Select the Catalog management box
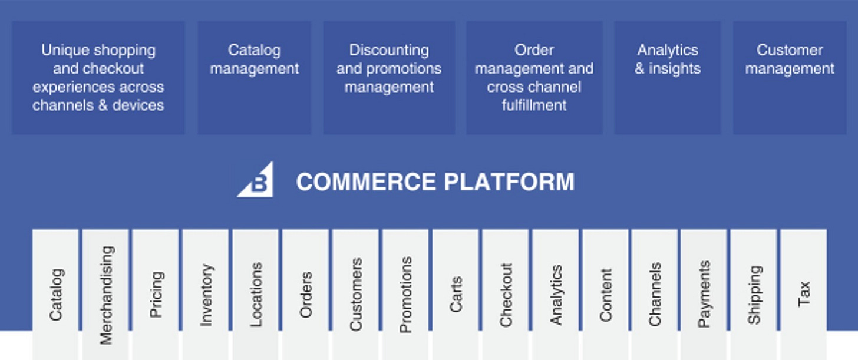click(x=254, y=77)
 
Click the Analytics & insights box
click(x=668, y=77)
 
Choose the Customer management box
click(x=790, y=77)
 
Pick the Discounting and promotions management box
click(x=389, y=77)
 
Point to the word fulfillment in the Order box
click(x=534, y=105)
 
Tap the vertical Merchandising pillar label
click(x=106, y=295)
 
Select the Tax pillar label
click(x=804, y=294)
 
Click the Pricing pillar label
click(x=156, y=295)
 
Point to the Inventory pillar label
click(x=206, y=295)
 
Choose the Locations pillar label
click(x=256, y=295)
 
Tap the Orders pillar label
click(x=306, y=295)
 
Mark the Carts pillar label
click(x=456, y=294)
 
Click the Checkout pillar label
click(x=506, y=295)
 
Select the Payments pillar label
click(x=704, y=294)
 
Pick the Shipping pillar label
click(x=754, y=295)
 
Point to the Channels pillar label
click(x=655, y=294)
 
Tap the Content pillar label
click(x=606, y=295)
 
